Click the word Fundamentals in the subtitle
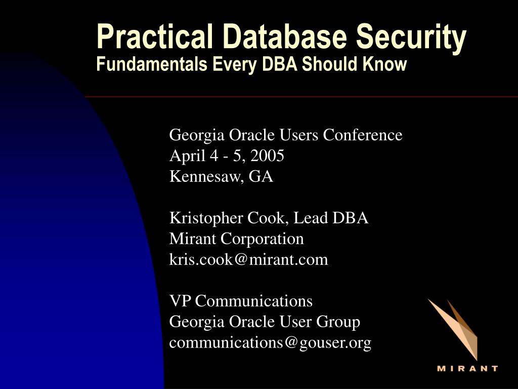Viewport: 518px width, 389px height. pos(152,64)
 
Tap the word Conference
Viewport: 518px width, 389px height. pos(362,135)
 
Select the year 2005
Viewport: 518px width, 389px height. pos(267,155)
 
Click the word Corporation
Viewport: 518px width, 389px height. pos(262,240)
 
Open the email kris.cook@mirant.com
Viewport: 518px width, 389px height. pos(248,259)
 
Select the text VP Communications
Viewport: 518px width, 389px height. pos(241,301)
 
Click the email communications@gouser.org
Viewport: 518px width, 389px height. pos(270,343)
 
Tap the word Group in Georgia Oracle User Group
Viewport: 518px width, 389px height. pos(338,322)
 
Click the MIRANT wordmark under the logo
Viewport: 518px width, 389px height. pos(467,369)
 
